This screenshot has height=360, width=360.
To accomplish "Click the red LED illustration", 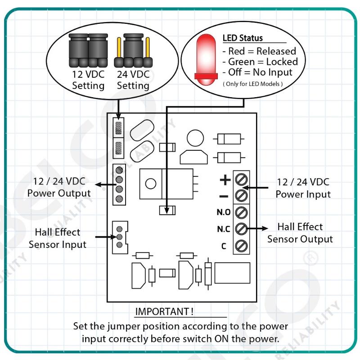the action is [206, 60].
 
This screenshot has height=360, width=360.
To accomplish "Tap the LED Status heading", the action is [243, 38].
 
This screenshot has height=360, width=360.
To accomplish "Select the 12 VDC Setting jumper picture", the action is [88, 50].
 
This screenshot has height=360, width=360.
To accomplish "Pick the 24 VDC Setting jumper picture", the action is [133, 50].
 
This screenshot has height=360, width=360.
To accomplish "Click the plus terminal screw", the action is [241, 179].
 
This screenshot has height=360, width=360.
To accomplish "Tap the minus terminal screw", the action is [241, 196].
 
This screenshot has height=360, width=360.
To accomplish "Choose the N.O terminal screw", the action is [241, 212].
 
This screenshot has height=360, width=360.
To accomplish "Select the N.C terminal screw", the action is [241, 229].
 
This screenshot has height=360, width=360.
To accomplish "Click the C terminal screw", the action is [241, 246].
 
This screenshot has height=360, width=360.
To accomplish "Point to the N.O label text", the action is [224, 212].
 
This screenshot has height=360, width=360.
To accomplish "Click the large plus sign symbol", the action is [225, 180].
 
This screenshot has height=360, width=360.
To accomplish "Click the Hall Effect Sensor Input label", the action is [58, 238].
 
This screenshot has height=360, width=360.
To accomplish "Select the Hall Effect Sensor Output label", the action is [300, 233].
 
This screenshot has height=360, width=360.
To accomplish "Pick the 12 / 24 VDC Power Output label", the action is [59, 187].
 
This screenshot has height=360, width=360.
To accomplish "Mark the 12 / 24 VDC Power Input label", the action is [303, 188].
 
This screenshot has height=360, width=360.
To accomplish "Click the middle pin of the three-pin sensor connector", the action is [119, 237].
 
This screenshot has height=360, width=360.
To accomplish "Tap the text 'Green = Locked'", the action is [261, 62].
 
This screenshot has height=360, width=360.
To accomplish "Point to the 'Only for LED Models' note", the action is [252, 84].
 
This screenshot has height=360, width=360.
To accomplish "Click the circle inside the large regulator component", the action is [151, 184].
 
